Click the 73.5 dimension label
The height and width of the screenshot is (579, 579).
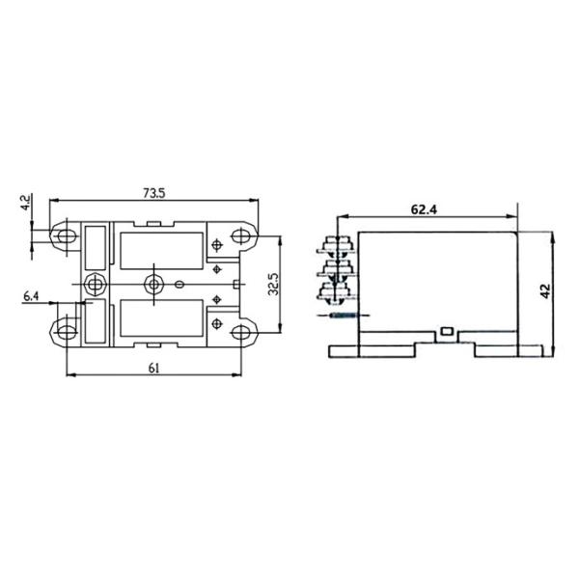[x=154, y=193]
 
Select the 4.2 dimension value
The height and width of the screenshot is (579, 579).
[x=26, y=203]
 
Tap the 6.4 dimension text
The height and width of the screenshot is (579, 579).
[x=31, y=296]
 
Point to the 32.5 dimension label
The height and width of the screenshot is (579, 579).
[x=274, y=284]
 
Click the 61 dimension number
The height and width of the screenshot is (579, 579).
[x=154, y=368]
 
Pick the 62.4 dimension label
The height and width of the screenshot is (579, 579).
[x=424, y=209]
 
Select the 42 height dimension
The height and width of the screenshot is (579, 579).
[x=545, y=290]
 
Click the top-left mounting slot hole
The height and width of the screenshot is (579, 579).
[x=66, y=235]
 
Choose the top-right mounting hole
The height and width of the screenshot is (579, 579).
[x=240, y=235]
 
